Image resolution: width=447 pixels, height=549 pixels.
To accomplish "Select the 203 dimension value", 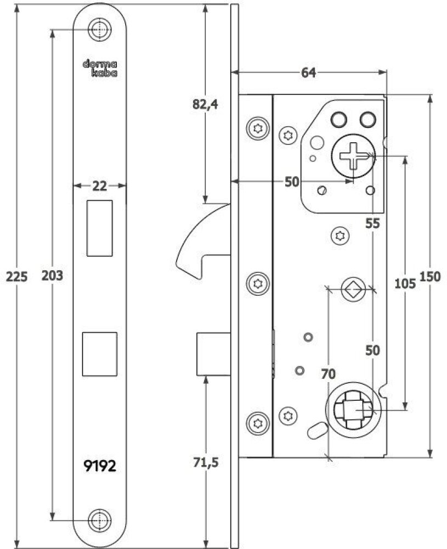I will (53, 276).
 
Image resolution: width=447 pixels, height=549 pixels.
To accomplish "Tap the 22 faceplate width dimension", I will (99, 186).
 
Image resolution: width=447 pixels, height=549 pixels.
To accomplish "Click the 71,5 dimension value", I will (206, 462).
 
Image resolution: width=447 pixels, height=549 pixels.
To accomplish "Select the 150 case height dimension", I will (430, 277).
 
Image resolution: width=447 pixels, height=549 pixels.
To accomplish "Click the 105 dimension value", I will (406, 283).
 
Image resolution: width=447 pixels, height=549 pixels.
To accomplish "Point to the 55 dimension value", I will (373, 223).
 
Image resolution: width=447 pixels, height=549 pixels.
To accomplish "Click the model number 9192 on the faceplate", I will (99, 466).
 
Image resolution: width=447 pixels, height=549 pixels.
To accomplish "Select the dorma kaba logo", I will (100, 68).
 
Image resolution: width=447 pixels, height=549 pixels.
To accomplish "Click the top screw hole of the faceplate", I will (99, 30).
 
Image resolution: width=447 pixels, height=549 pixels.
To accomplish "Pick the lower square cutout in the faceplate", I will (99, 354).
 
